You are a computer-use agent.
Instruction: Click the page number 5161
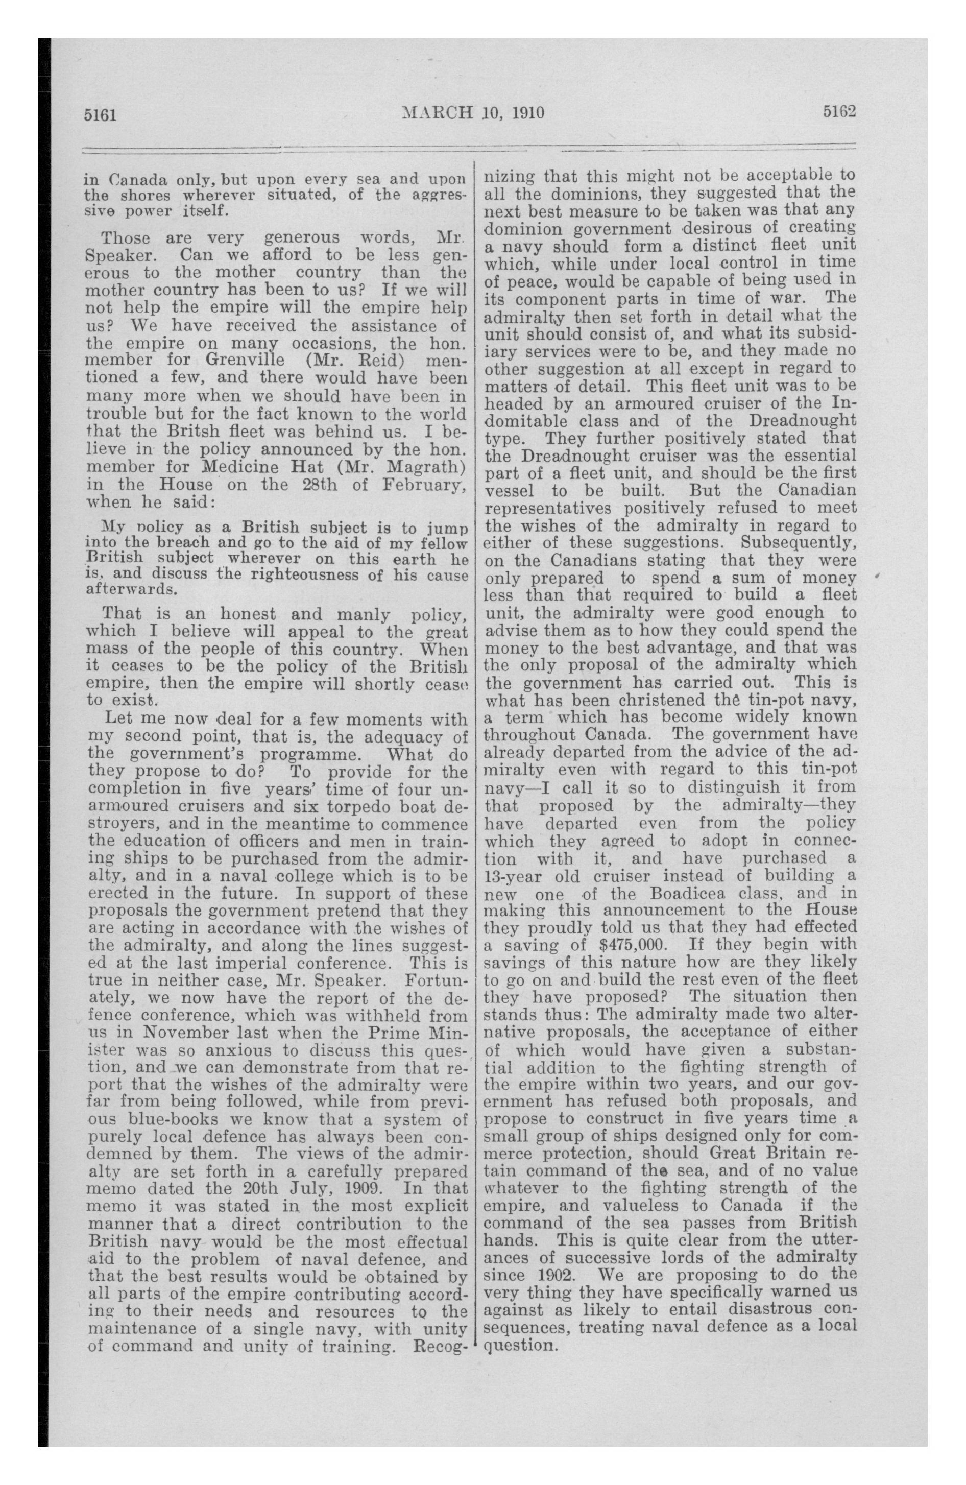[x=101, y=114]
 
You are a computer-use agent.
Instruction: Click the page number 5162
[x=837, y=112]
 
